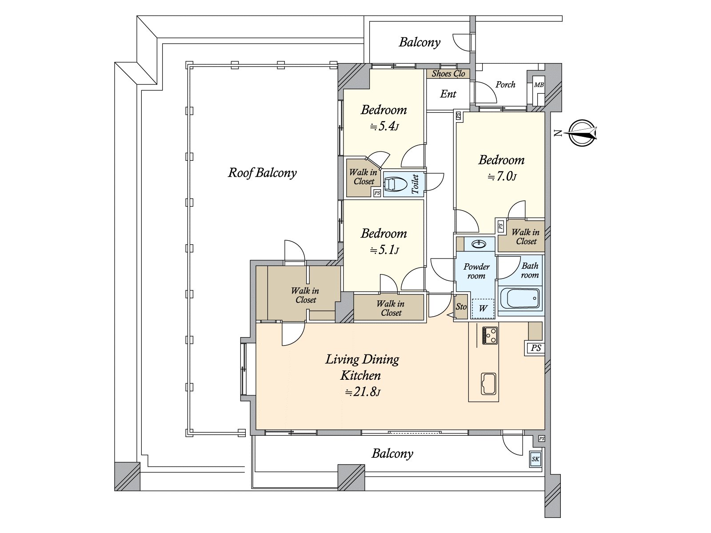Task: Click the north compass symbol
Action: (x=582, y=133)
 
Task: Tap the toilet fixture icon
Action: (x=395, y=184)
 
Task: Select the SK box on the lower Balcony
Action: (x=535, y=459)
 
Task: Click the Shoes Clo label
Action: (x=448, y=74)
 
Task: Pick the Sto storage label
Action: (x=461, y=307)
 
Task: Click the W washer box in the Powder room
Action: (x=483, y=308)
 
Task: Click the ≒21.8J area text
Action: (x=363, y=392)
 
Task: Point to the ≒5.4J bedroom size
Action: (x=384, y=127)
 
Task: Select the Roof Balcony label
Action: (x=262, y=173)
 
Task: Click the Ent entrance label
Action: (x=448, y=94)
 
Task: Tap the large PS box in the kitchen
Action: (x=536, y=348)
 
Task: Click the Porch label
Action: (x=506, y=84)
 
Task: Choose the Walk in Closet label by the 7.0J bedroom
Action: (x=526, y=237)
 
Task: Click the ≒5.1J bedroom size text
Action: (x=384, y=251)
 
